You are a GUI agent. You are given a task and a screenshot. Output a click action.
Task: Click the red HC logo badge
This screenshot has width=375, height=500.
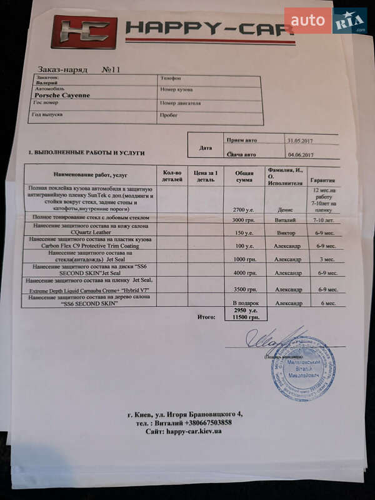click(84, 32)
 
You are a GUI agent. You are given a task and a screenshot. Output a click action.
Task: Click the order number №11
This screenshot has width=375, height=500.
click(111, 70)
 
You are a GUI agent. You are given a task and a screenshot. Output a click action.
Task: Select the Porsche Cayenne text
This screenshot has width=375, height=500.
click(62, 95)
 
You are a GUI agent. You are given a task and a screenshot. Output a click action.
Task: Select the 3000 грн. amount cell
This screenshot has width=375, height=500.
click(243, 220)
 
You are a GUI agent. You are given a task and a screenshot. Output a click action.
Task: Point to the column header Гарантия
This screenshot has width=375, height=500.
click(324, 179)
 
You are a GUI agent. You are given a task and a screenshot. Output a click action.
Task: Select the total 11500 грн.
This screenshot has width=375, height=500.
click(246, 317)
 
